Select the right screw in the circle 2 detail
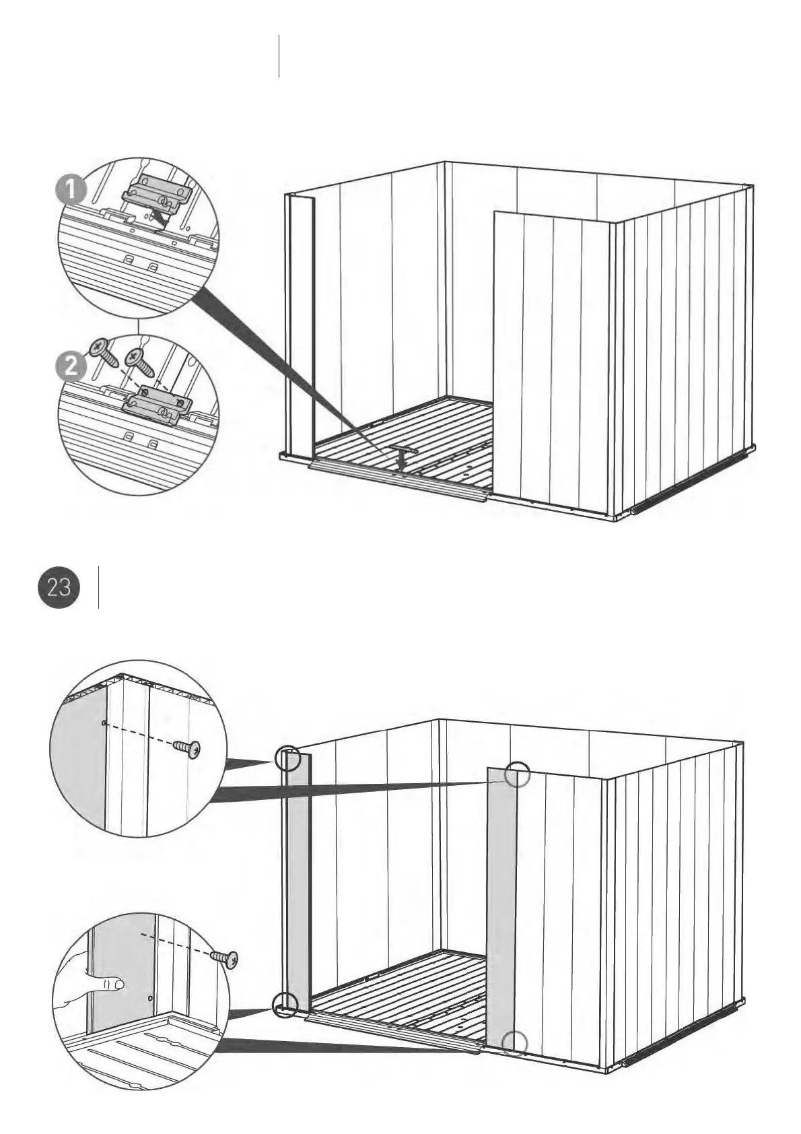(141, 357)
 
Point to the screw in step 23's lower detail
(225, 957)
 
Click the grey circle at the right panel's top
(518, 774)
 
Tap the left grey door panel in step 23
(298, 882)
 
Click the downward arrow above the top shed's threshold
(401, 461)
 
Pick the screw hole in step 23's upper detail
(102, 723)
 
